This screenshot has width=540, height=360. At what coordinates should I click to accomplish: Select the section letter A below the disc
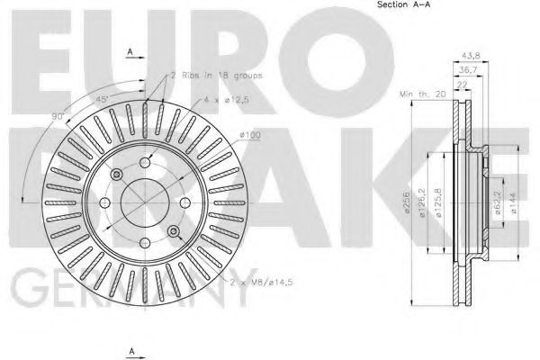131,349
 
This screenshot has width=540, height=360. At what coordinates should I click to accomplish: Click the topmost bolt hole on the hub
118,174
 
